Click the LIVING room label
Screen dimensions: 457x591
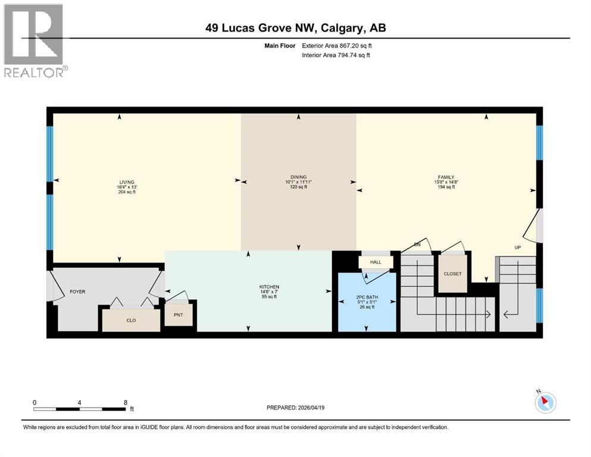pos(126,182)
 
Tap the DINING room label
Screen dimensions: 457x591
pos(298,177)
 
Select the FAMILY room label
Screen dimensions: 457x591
pos(446,177)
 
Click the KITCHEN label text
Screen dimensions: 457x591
pos(265,286)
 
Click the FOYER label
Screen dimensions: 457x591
pos(77,292)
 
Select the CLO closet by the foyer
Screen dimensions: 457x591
pos(131,320)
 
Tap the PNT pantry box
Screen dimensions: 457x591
pos(178,314)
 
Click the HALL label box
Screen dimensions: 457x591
pos(375,262)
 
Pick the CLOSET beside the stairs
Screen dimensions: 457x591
pos(452,274)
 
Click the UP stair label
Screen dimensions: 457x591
pos(518,248)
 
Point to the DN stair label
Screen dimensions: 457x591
pos(418,244)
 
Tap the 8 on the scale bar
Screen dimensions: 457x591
pos(125,402)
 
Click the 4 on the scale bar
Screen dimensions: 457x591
pos(79,402)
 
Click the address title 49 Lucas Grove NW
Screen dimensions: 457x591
pos(295,28)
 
